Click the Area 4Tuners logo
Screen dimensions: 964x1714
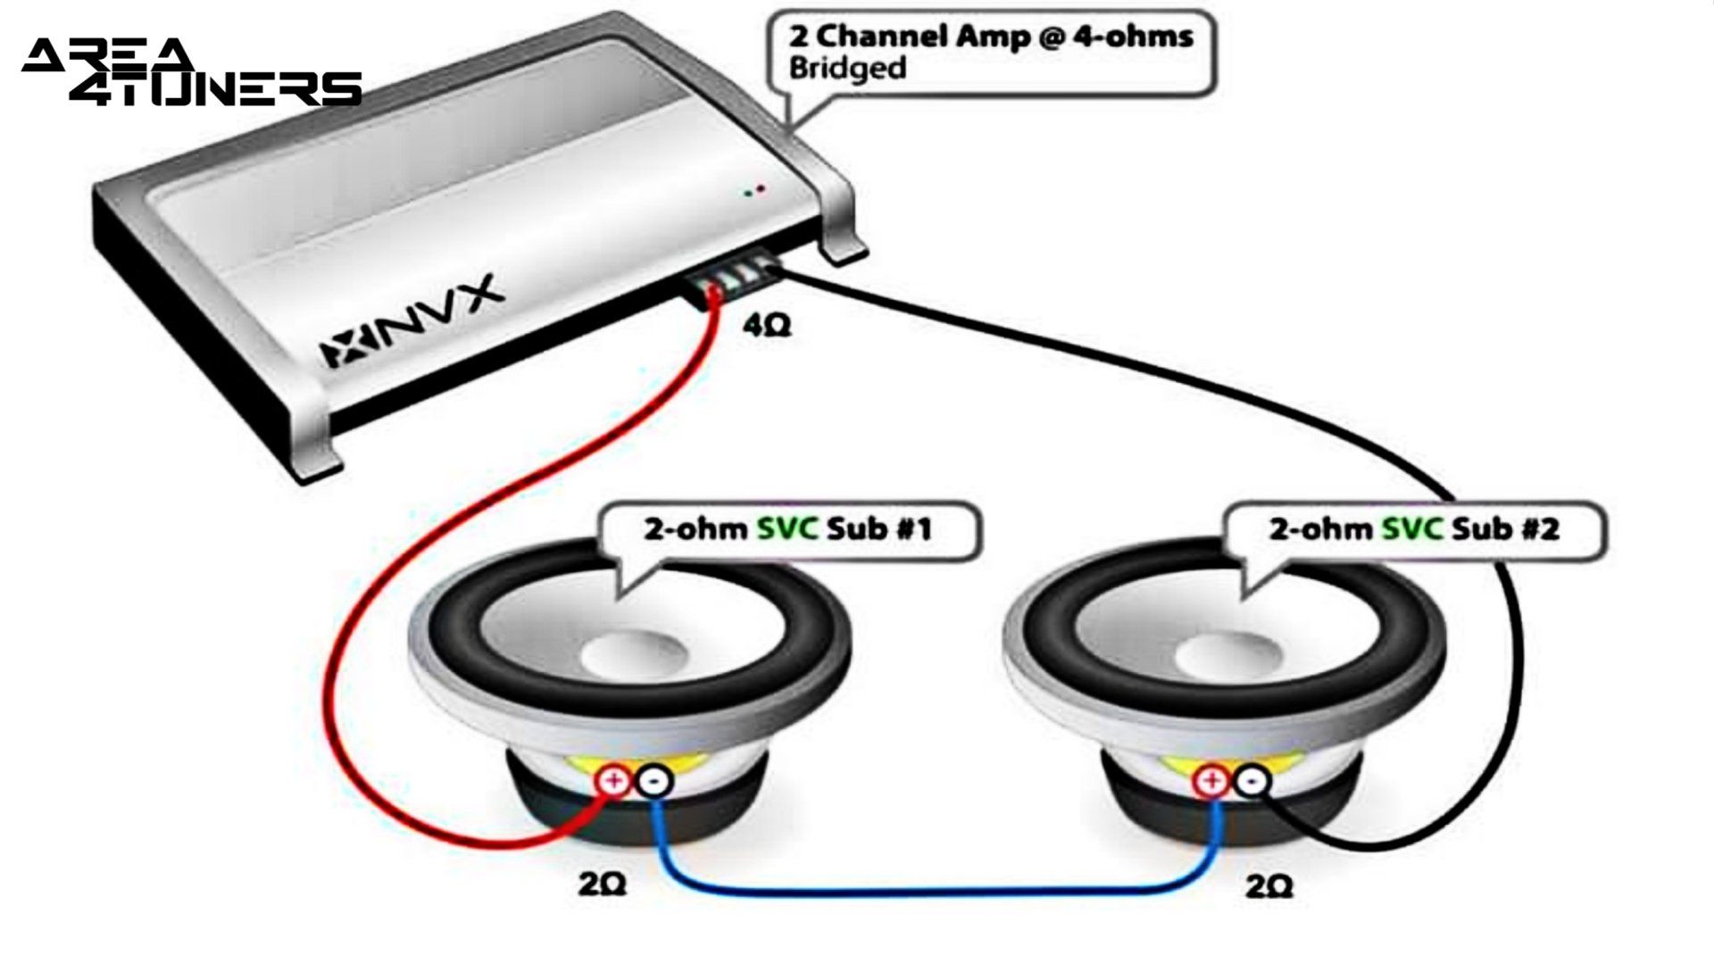pos(191,72)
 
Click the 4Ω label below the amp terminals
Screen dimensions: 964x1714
pos(767,327)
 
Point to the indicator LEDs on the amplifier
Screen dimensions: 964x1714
pos(753,190)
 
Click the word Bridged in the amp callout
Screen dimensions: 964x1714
pos(847,69)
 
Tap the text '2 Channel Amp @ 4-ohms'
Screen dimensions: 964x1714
pos(990,37)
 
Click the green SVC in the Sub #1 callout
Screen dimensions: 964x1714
pos(786,528)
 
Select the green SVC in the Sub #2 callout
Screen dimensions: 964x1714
pos(1411,528)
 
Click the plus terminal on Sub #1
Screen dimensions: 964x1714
pos(613,781)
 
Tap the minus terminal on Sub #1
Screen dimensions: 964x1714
pos(654,782)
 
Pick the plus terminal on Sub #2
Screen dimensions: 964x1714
pos(1211,781)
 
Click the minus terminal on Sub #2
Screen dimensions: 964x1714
pos(1252,782)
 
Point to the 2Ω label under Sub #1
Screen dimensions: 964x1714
pos(602,884)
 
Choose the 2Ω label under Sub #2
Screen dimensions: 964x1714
pos(1269,885)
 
